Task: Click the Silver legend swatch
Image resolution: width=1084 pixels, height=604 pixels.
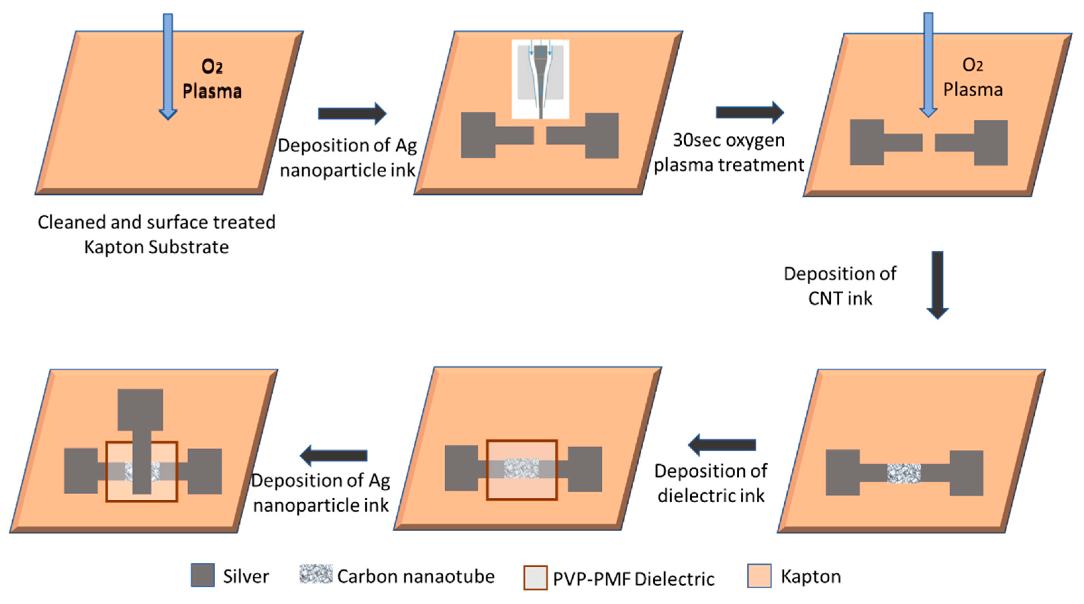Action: click(203, 575)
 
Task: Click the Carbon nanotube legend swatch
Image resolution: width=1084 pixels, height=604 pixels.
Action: click(315, 574)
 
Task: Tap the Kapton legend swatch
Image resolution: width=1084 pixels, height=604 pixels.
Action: click(759, 576)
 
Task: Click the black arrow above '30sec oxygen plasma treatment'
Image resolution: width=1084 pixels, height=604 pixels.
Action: click(749, 112)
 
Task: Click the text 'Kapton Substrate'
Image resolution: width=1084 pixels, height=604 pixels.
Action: click(156, 247)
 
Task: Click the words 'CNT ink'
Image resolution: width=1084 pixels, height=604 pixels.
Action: click(840, 298)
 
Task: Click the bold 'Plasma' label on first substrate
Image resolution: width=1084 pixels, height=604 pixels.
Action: click(212, 91)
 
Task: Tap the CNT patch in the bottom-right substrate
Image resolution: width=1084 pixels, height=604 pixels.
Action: click(903, 473)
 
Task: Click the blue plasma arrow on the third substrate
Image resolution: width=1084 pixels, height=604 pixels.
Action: click(928, 63)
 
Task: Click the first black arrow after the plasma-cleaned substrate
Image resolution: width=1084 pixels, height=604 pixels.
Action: click(352, 113)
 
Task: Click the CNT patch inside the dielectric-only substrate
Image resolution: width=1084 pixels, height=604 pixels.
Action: click(522, 468)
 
